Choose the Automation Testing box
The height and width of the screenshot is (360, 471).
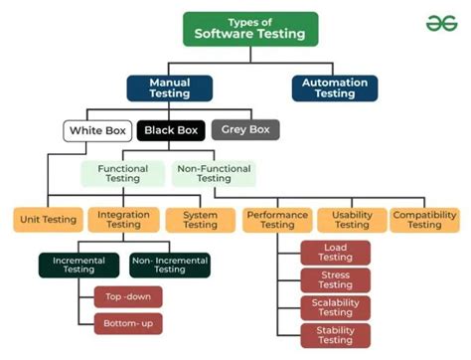334,89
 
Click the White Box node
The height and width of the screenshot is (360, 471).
97,129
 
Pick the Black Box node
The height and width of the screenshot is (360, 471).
172,129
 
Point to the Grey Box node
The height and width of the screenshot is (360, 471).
245,129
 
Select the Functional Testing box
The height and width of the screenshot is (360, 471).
123,173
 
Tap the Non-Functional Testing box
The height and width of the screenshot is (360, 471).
214,173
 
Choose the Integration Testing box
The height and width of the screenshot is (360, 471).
123,218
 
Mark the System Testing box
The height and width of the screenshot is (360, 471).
200,218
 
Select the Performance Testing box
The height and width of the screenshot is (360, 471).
277,218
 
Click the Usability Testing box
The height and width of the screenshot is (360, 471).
351,218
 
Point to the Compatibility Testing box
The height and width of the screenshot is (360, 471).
424,218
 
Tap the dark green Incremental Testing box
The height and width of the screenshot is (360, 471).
78,264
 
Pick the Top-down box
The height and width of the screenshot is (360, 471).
127,295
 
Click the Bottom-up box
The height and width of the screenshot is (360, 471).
127,322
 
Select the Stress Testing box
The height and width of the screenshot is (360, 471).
335,279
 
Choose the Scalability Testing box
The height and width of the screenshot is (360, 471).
335,307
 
